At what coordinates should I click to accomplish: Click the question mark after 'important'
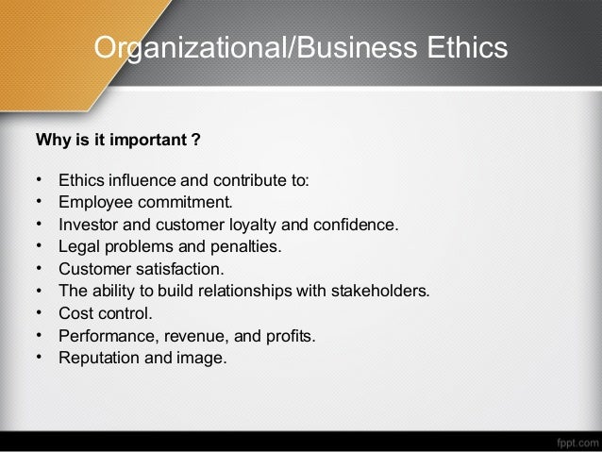pos(195,142)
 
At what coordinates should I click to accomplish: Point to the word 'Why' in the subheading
pos(51,142)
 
